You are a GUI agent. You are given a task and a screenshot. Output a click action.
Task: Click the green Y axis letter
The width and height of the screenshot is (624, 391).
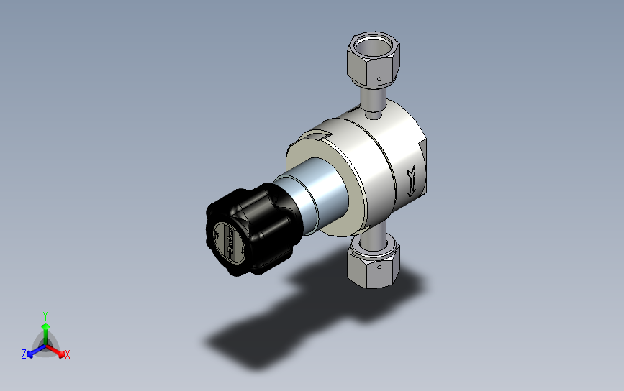(x=45, y=316)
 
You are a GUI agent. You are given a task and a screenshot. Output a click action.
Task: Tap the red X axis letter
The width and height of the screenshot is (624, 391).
(x=67, y=354)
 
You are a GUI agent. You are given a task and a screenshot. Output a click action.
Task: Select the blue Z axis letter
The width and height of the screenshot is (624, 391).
(x=24, y=354)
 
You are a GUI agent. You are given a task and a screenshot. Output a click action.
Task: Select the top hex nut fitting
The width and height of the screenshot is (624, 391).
(x=372, y=57)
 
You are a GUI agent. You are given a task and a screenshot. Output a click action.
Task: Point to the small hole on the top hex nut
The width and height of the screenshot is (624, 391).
(x=378, y=78)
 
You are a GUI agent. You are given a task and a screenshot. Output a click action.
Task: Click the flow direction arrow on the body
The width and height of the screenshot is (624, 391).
(x=411, y=180)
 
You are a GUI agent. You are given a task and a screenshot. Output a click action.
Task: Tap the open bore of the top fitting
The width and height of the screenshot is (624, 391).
(x=374, y=47)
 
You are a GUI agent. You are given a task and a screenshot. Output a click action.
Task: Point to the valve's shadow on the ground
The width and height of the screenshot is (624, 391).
(x=288, y=309)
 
